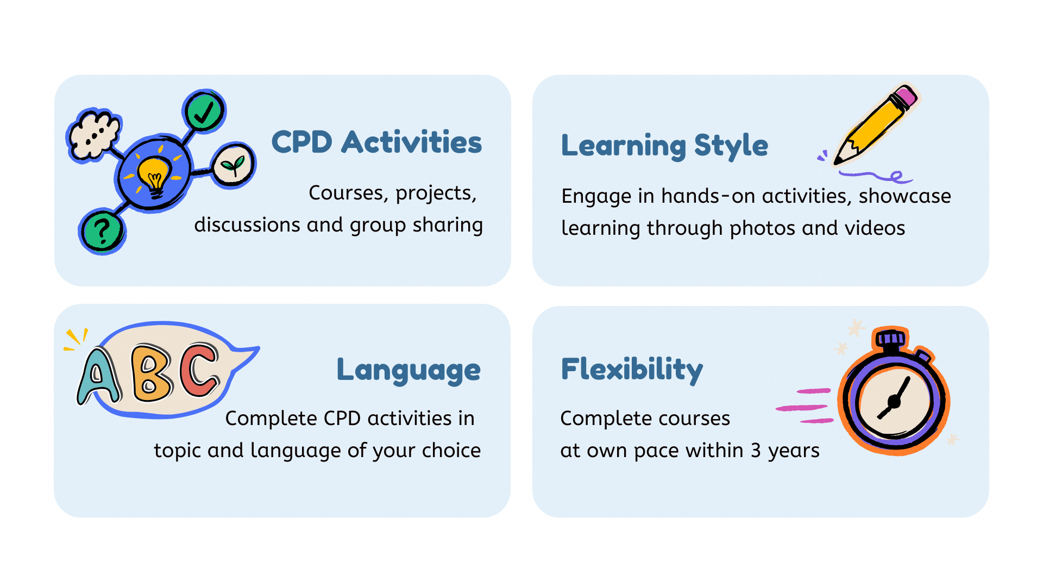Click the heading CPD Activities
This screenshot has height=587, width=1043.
(x=376, y=142)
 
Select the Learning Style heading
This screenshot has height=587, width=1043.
(x=664, y=146)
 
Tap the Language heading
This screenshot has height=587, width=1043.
(x=409, y=370)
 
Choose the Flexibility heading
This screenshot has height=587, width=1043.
(x=632, y=370)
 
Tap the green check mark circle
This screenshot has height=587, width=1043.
(x=204, y=111)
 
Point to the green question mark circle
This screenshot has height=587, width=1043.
(x=103, y=232)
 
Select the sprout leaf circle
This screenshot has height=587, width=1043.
(x=234, y=165)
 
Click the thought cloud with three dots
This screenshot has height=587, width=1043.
(x=94, y=135)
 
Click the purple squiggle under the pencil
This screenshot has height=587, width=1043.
(x=875, y=176)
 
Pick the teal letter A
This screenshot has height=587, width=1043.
(x=98, y=377)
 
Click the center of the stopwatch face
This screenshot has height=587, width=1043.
(x=894, y=402)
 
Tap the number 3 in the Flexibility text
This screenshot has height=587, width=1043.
(x=756, y=451)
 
